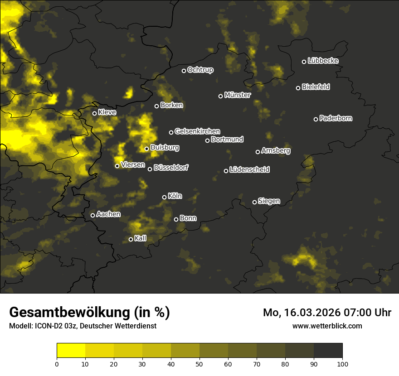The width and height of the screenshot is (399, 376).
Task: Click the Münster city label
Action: click(237, 95)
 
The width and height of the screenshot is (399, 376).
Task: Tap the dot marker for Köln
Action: click(165, 197)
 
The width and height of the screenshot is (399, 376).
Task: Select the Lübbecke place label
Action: click(323, 61)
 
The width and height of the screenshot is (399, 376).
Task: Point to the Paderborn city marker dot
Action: click(316, 119)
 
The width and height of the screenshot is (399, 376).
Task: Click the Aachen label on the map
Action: click(108, 214)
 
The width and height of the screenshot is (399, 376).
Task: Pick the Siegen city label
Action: click(269, 201)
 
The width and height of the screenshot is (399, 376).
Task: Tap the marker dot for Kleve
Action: click(95, 113)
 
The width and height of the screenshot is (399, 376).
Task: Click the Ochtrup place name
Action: click(200, 70)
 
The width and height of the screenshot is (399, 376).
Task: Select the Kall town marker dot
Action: click(131, 239)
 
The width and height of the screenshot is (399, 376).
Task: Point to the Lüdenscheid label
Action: click(249, 170)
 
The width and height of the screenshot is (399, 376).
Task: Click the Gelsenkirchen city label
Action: click(197, 131)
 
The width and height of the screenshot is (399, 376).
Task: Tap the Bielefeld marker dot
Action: click(298, 88)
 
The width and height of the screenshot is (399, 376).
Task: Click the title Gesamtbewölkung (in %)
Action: click(90, 313)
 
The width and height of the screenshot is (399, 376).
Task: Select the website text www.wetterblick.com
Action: click(327, 326)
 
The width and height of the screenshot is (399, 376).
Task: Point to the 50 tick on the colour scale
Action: click(199, 363)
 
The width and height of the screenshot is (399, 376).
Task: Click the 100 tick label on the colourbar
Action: click(342, 363)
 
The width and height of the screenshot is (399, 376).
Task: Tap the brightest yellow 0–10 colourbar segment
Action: click(71, 350)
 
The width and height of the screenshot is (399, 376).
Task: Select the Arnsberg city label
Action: click(276, 150)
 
